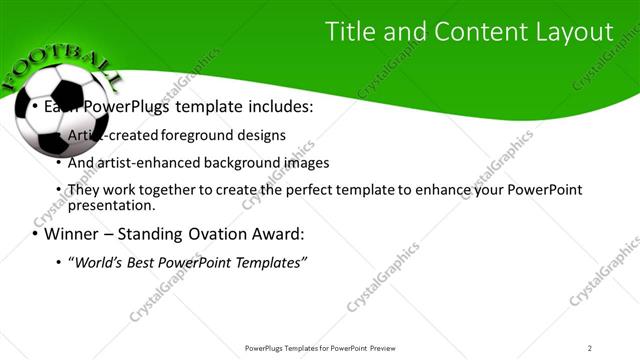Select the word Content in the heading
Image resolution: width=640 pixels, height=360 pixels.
click(477, 32)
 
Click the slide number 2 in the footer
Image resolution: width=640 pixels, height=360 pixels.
click(589, 348)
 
